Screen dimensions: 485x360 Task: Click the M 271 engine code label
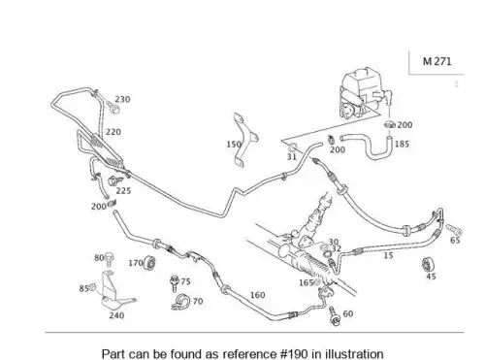tap(436, 61)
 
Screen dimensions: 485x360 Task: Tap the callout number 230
tap(122, 99)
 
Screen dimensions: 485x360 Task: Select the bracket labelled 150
tap(245, 140)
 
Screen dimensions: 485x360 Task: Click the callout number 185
tap(402, 144)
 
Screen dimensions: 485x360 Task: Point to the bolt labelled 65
tap(454, 229)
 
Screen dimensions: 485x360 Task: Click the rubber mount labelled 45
tap(429, 265)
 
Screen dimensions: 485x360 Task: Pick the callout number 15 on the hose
tap(388, 255)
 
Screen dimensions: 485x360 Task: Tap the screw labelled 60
tap(334, 315)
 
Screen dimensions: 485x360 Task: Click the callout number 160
tap(257, 295)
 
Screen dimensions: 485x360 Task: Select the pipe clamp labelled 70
tap(180, 302)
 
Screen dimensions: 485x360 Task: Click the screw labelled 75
tap(175, 283)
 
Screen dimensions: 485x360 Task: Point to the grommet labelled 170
tap(149, 263)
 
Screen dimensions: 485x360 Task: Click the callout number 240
tap(116, 315)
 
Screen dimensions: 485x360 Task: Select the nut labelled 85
tap(92, 287)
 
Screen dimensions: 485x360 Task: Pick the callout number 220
tap(113, 132)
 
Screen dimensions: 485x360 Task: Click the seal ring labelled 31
tap(292, 147)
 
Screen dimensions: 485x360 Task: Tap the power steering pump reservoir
tap(366, 93)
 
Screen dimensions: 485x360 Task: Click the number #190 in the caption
tap(295, 354)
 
